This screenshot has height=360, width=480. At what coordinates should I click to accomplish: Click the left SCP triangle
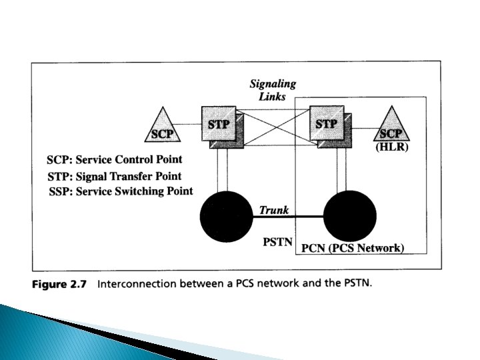[163, 127]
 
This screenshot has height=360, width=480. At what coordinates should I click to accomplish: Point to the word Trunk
[274, 211]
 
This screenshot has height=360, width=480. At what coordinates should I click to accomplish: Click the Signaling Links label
[273, 90]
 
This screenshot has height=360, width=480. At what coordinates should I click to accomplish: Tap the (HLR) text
[392, 148]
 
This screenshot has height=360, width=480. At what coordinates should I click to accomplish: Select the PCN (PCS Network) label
[353, 249]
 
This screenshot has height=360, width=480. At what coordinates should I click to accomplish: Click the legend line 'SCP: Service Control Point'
[114, 160]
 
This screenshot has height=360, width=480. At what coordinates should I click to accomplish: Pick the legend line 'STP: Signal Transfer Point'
[114, 176]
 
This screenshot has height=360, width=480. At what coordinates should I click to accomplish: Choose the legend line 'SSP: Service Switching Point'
[121, 191]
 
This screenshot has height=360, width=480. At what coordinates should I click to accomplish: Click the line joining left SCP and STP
[191, 124]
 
